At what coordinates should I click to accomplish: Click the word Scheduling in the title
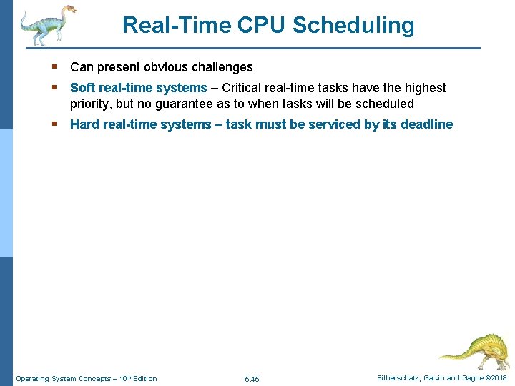tap(353, 26)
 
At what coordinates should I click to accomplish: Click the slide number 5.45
tap(252, 379)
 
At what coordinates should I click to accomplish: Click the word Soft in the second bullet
tap(83, 88)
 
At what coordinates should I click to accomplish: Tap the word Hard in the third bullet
tap(85, 124)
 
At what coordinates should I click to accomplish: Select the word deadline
tap(426, 124)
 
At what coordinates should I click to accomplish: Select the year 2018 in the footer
tap(498, 378)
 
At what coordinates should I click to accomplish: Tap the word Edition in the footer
tap(144, 379)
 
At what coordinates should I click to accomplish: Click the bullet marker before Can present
tap(55, 67)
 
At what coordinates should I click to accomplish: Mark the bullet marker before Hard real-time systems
tap(55, 124)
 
